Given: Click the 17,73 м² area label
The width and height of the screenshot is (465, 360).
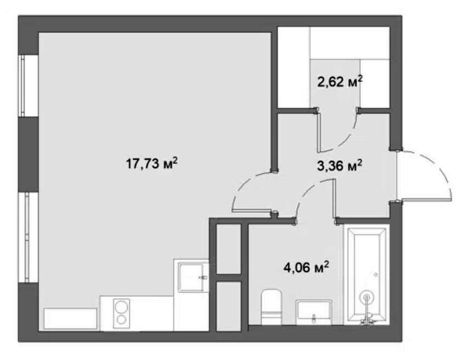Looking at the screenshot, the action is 152,163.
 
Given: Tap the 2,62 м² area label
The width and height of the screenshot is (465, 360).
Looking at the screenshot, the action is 340,81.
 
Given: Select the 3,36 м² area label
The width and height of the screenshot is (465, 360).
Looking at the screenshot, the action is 339,166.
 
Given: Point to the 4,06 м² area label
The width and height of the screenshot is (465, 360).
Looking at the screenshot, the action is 307,267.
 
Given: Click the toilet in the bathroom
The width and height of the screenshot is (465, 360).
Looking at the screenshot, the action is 271,307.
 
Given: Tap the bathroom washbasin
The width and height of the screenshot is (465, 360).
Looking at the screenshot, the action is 314,312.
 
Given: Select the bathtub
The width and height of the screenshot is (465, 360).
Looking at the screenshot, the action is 366,274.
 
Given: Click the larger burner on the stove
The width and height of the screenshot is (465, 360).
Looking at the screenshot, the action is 122,307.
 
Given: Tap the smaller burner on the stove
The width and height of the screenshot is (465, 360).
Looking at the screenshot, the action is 122,319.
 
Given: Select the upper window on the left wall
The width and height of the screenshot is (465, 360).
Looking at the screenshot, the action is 28,86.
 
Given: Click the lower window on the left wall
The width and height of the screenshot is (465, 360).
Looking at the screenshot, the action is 28,237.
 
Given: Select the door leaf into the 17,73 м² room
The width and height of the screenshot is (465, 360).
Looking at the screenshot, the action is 252,211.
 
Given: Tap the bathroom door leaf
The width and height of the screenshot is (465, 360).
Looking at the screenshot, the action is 334,199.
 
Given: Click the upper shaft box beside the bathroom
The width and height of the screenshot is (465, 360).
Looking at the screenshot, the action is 228,249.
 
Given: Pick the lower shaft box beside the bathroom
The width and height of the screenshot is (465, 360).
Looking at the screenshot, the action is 228,306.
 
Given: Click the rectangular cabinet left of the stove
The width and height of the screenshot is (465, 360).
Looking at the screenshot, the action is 71,318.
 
